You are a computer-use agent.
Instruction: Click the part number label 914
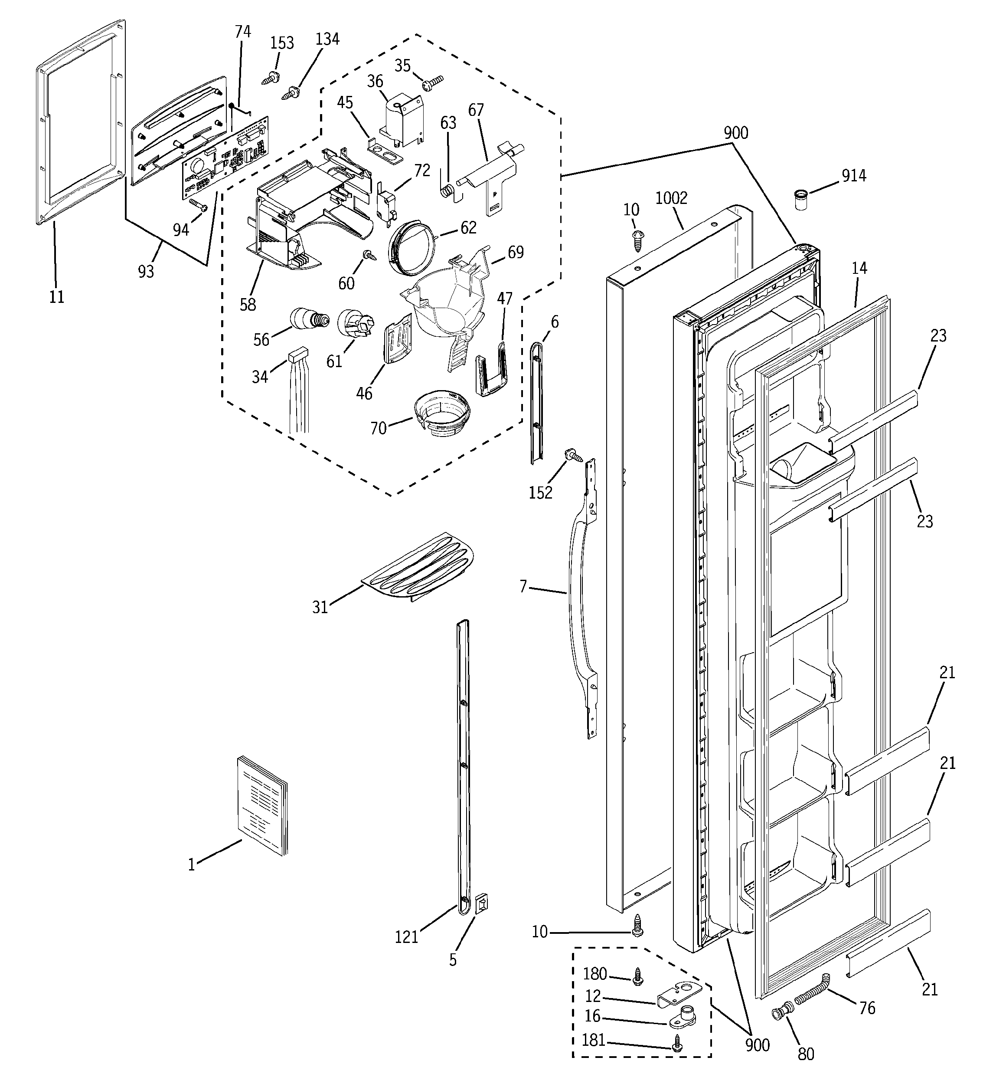(854, 176)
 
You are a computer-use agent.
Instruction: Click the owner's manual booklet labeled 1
(263, 806)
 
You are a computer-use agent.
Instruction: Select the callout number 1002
(671, 198)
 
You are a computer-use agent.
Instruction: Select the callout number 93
(146, 271)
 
